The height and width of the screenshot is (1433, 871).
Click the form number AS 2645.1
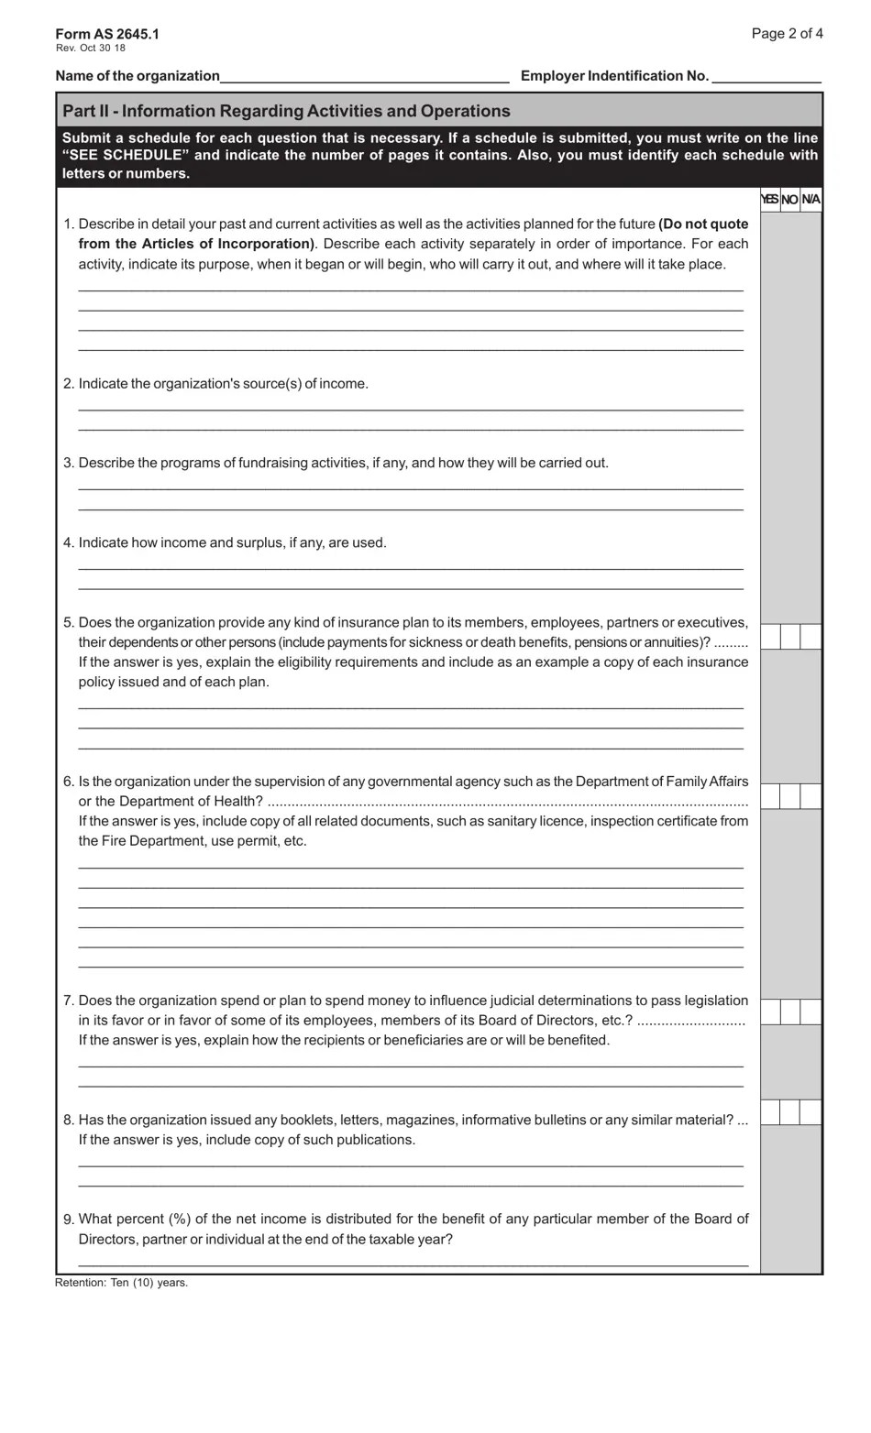coord(107,34)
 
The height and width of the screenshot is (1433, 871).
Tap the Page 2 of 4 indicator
coord(787,34)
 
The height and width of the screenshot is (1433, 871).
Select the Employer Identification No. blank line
coord(766,77)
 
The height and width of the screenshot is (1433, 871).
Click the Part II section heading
coord(286,111)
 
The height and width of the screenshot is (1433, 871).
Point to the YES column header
coord(769,200)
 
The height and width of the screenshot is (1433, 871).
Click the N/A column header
coord(810,200)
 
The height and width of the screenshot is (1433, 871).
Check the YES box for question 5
coord(770,637)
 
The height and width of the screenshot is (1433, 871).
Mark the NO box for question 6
coord(790,796)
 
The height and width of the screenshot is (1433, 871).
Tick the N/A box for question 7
coord(810,1012)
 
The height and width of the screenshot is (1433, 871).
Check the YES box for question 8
coord(770,1112)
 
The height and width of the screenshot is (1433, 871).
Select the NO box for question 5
coord(790,637)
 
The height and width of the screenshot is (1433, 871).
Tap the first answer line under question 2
coord(411,409)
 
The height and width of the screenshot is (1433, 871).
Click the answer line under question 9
coord(413,1264)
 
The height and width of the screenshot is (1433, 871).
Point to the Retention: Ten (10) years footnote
coord(121,1283)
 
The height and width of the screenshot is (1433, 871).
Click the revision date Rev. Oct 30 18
coord(91,48)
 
